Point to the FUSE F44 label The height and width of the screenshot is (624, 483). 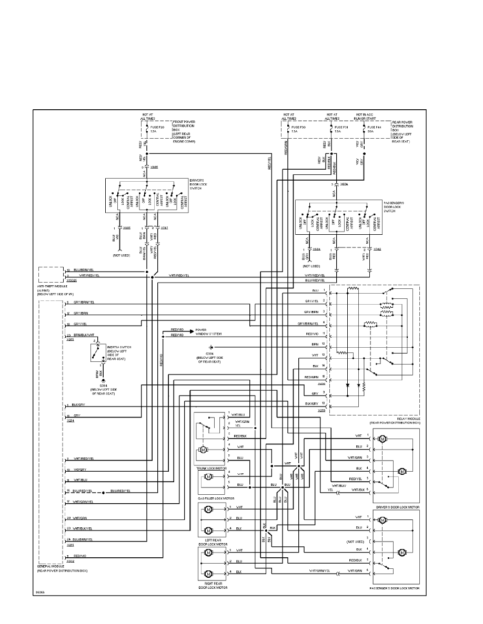375,127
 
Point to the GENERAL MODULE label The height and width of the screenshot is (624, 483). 51,567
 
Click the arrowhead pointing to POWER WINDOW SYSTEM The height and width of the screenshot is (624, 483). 193,328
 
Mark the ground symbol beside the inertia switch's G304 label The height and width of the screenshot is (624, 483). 104,380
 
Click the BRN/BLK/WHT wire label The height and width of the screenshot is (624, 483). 84,335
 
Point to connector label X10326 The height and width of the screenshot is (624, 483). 72,279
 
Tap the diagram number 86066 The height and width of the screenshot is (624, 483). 40,592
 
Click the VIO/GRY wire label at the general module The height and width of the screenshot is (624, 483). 80,470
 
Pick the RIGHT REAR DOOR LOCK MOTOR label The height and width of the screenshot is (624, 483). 213,585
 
